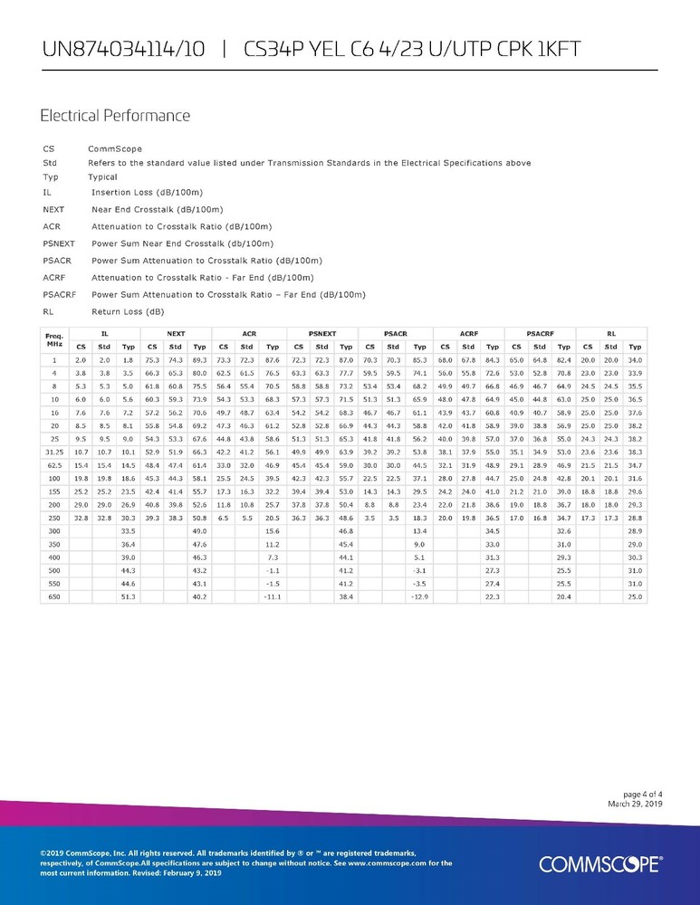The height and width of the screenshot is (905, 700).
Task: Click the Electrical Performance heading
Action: tap(115, 116)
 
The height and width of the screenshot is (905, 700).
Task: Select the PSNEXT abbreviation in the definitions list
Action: tap(60, 243)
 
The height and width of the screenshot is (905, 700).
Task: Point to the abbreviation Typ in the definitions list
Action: tap(50, 176)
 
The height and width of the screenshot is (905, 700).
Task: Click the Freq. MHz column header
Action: tap(54, 340)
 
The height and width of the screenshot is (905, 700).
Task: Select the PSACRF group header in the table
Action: tap(541, 334)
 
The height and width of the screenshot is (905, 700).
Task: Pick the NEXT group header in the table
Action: tap(177, 334)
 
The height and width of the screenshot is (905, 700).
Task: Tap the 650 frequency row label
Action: tap(54, 596)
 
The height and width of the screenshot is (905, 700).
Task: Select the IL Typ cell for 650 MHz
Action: tap(128, 596)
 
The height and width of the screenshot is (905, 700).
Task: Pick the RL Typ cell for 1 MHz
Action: tap(635, 360)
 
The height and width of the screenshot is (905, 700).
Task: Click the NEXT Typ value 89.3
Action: tap(200, 360)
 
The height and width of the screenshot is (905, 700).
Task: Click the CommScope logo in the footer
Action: tap(600, 864)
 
